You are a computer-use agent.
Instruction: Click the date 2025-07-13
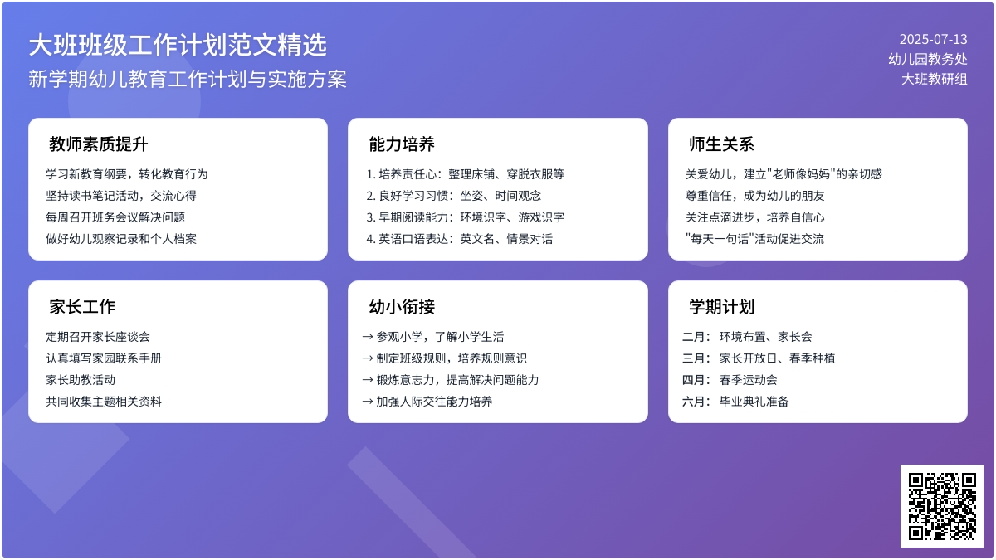point(933,39)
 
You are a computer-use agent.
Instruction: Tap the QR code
point(941,505)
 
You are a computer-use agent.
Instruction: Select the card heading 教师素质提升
point(98,144)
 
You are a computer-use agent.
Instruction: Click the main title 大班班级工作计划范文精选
point(178,44)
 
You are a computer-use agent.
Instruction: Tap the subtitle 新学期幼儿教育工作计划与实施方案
point(188,79)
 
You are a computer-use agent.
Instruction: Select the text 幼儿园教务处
point(927,59)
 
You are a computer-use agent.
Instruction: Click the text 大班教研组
point(935,79)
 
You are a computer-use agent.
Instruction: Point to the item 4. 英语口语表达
point(459,239)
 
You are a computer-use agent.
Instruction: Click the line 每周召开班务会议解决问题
point(115,217)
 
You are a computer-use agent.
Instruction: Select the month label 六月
point(696,402)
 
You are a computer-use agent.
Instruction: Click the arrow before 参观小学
point(368,337)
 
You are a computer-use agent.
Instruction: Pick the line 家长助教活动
point(81,380)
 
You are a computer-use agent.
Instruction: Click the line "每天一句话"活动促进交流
point(754,239)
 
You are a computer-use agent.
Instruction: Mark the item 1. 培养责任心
point(465,174)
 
